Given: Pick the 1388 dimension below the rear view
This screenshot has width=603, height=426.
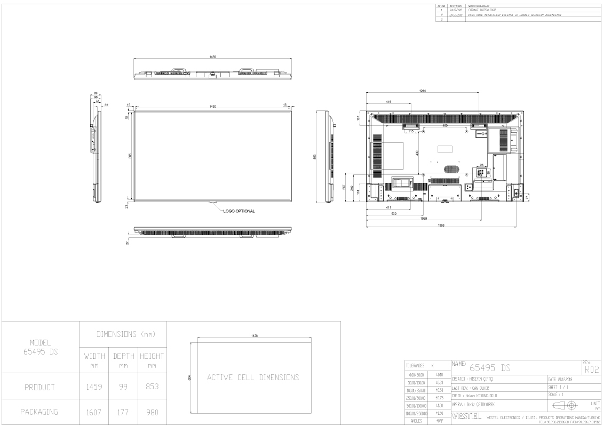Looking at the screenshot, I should (441, 225).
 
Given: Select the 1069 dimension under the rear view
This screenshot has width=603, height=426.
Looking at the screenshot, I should (424, 219).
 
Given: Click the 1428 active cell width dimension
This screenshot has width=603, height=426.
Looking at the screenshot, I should (255, 335).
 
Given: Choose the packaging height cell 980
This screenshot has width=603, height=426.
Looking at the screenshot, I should (152, 412).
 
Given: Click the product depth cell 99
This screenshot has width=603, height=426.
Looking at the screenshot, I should (123, 387).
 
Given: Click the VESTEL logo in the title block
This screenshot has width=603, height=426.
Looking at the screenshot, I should (463, 415).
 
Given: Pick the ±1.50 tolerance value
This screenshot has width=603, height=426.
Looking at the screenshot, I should (440, 414).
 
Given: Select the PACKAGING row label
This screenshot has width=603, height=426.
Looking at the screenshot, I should (40, 412).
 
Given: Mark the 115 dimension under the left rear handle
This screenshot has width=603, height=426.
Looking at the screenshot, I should (411, 131).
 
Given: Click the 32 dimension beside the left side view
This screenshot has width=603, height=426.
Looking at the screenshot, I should (106, 105).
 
